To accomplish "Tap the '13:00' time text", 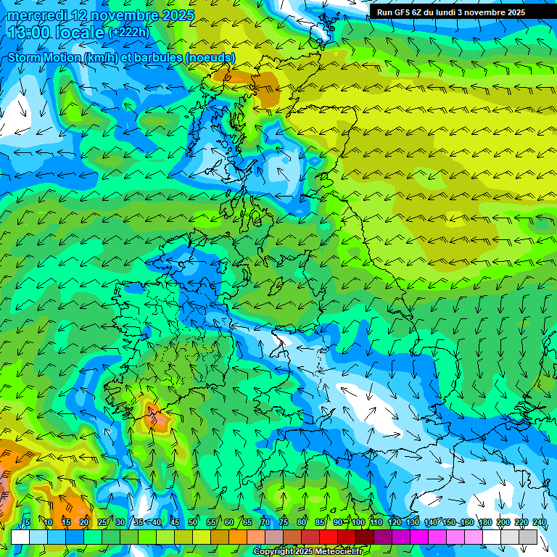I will pos(28,33).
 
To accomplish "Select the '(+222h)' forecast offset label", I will pos(130,33).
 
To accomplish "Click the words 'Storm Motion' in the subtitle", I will pos(44,57).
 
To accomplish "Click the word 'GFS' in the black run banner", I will pos(402,12).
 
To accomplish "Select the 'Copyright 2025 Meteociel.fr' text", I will pos(308,552).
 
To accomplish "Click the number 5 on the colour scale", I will pos(27,523).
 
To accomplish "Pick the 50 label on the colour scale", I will pos(193,523).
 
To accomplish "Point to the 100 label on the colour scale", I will pos(358,523).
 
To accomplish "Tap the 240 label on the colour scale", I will pos(539,523).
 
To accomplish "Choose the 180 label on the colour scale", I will pos(484,523).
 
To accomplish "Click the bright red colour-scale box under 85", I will pos(329,537).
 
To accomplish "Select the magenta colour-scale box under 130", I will pos(419,537).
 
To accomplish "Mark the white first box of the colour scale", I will pos(20,537).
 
